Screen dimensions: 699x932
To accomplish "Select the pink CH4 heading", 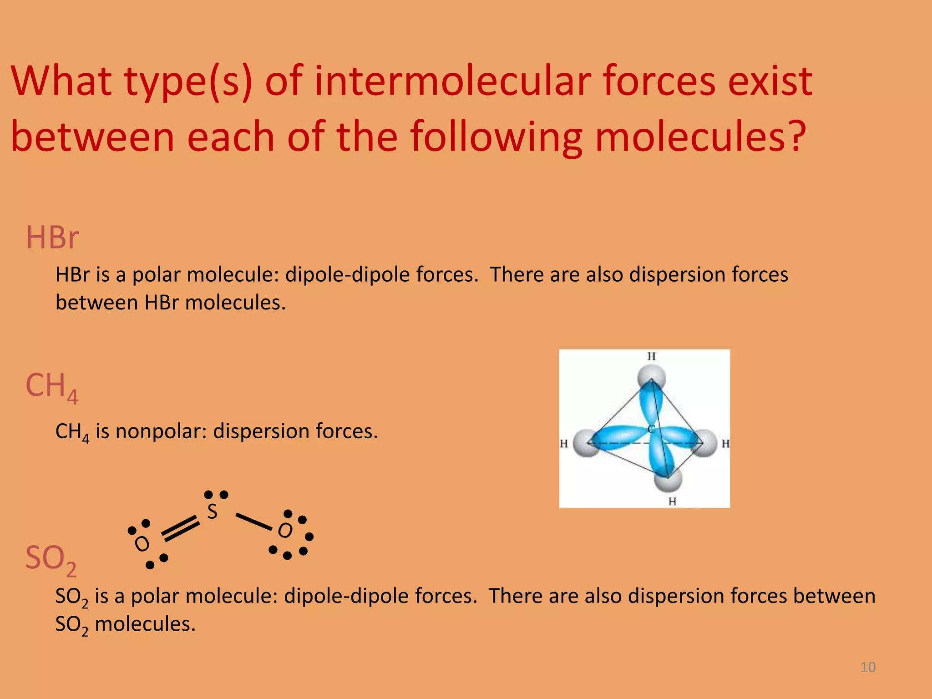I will click(x=51, y=387).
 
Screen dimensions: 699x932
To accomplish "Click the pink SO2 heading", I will click(x=51, y=559).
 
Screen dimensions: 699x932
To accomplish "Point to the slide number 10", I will click(x=868, y=667).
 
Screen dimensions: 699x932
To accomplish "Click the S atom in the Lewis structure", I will click(x=212, y=512).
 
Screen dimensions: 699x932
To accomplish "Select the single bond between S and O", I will click(x=253, y=522).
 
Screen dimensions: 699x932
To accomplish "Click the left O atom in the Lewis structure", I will click(x=142, y=543).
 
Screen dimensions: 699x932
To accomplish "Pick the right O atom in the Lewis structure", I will click(x=285, y=531).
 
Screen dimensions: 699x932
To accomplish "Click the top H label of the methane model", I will click(x=652, y=356).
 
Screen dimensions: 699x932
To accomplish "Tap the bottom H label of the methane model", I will click(x=672, y=501).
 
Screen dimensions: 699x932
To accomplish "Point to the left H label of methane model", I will click(x=564, y=443).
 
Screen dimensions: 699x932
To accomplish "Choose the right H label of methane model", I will click(x=725, y=443).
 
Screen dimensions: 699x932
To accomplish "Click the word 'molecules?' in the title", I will click(x=700, y=137).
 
